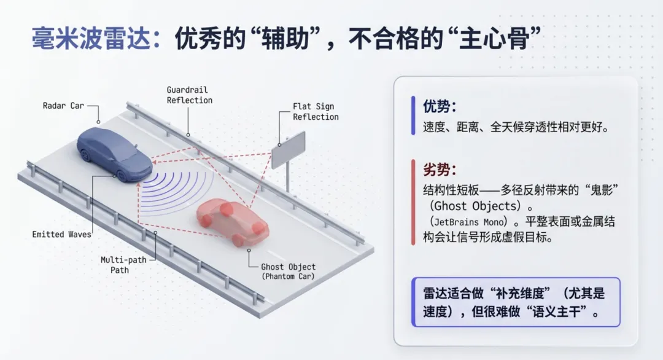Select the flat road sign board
coord(288,149)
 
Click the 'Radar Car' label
coord(63,106)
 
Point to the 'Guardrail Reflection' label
coord(190,95)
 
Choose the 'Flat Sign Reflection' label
coord(316,112)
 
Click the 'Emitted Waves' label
coord(61,234)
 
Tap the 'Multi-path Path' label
coord(123,265)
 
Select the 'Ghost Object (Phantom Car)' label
coord(288,272)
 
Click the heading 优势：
coord(440,106)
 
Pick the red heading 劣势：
coord(440,170)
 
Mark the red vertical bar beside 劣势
coord(413,202)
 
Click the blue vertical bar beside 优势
coord(413,115)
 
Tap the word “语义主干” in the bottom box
coord(554,311)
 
